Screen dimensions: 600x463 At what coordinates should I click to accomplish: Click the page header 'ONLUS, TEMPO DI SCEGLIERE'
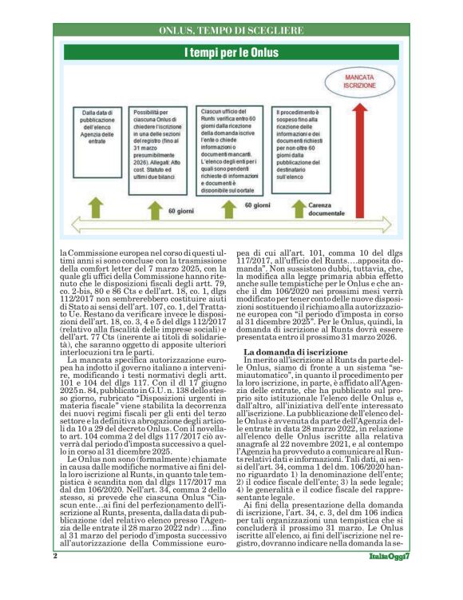coord(231,30)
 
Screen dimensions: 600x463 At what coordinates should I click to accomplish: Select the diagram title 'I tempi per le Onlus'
coord(231,53)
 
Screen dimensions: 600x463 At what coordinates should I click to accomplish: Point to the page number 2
coord(55,578)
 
